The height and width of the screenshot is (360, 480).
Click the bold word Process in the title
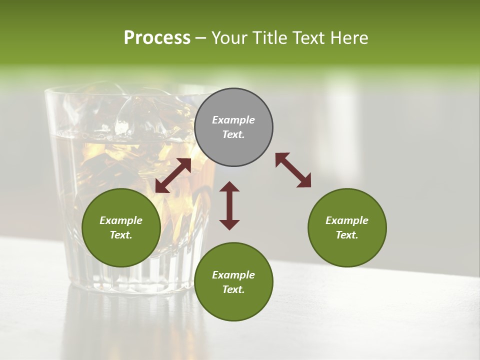157,38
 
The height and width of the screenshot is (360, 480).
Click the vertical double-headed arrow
229,205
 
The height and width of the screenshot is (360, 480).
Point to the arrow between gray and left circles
173,175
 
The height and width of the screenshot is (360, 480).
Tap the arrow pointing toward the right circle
293,170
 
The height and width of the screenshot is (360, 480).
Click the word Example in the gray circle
233,120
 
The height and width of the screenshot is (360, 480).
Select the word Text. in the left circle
121,235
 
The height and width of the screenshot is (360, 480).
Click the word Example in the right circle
347,220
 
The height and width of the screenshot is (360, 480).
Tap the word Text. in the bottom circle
233,289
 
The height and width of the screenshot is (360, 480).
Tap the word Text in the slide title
310,38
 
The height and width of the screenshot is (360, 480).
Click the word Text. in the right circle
347,235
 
